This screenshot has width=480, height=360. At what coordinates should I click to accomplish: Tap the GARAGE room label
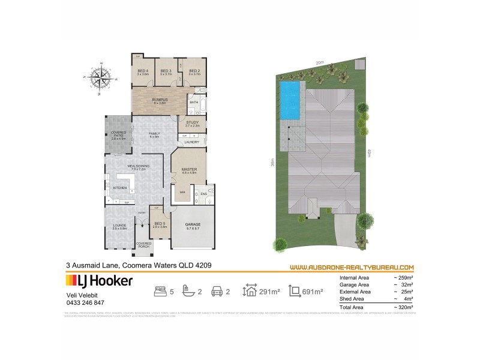(193, 225)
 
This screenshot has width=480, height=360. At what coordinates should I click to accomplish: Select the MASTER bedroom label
(189, 170)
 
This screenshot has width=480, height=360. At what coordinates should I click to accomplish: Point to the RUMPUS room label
(159, 100)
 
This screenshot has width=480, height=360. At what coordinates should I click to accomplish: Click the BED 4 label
(143, 71)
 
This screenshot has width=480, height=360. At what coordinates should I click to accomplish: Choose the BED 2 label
(194, 71)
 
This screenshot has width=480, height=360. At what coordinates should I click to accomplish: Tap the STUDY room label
(192, 123)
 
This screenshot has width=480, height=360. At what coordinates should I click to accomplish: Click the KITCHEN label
(121, 188)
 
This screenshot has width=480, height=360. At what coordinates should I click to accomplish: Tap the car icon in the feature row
(215, 292)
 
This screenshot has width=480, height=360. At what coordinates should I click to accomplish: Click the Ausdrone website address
(352, 267)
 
